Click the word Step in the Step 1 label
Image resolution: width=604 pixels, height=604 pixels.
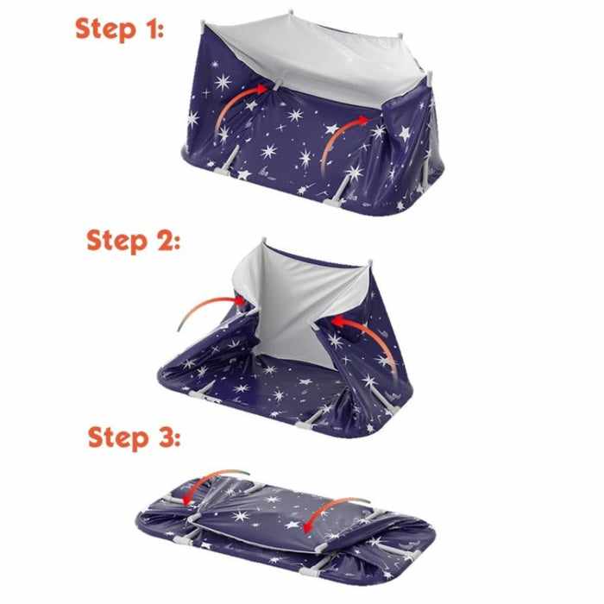(105, 29)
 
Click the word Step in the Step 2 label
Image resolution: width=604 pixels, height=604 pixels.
(116, 241)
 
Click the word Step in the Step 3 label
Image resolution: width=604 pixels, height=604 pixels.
(118, 438)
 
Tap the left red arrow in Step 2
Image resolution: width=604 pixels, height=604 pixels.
(208, 305)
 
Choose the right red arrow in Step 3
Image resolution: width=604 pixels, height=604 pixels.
(327, 506)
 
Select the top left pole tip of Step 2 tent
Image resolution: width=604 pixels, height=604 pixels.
(264, 241)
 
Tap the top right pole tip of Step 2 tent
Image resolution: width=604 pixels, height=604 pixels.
(370, 262)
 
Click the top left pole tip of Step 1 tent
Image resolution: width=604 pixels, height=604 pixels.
(203, 23)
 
